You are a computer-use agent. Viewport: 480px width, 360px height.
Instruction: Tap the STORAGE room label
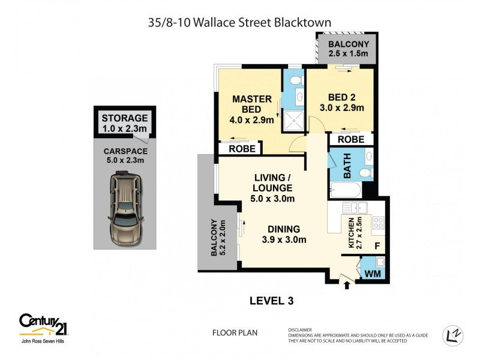[x=124, y=118]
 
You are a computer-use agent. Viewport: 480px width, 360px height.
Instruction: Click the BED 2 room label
[x=341, y=98]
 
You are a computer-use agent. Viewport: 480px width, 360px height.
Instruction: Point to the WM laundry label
[x=373, y=274]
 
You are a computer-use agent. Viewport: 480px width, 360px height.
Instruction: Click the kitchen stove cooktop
[x=378, y=223]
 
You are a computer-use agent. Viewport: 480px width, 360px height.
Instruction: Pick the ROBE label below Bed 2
[x=351, y=139]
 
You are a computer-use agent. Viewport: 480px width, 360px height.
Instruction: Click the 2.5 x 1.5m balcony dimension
[x=348, y=54]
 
